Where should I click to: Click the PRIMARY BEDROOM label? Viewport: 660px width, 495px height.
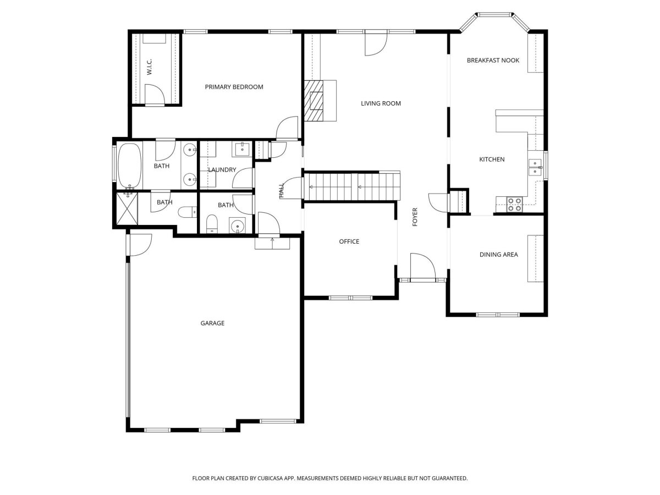click(234, 87)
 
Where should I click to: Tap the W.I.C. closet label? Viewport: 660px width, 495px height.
click(150, 67)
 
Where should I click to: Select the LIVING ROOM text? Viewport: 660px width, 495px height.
click(381, 104)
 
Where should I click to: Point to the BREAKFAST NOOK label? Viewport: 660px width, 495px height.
click(493, 61)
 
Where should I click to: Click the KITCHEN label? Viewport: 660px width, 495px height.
click(492, 159)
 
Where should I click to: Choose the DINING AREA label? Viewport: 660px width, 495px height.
click(498, 255)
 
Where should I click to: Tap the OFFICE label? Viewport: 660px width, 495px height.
click(349, 241)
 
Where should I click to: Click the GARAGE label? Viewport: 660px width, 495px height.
click(212, 323)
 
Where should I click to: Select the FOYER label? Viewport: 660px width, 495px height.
click(415, 217)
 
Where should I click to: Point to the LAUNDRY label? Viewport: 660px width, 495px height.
click(222, 170)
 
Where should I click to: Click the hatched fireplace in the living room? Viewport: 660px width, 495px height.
click(313, 101)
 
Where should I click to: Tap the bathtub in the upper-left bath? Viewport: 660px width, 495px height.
click(129, 166)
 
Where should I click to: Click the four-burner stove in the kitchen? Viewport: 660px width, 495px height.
click(514, 205)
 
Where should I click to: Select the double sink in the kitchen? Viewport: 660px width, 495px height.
click(535, 167)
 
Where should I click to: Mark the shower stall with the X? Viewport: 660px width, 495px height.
click(127, 208)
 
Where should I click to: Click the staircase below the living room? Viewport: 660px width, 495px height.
click(352, 186)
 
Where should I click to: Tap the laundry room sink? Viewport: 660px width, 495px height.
click(242, 150)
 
